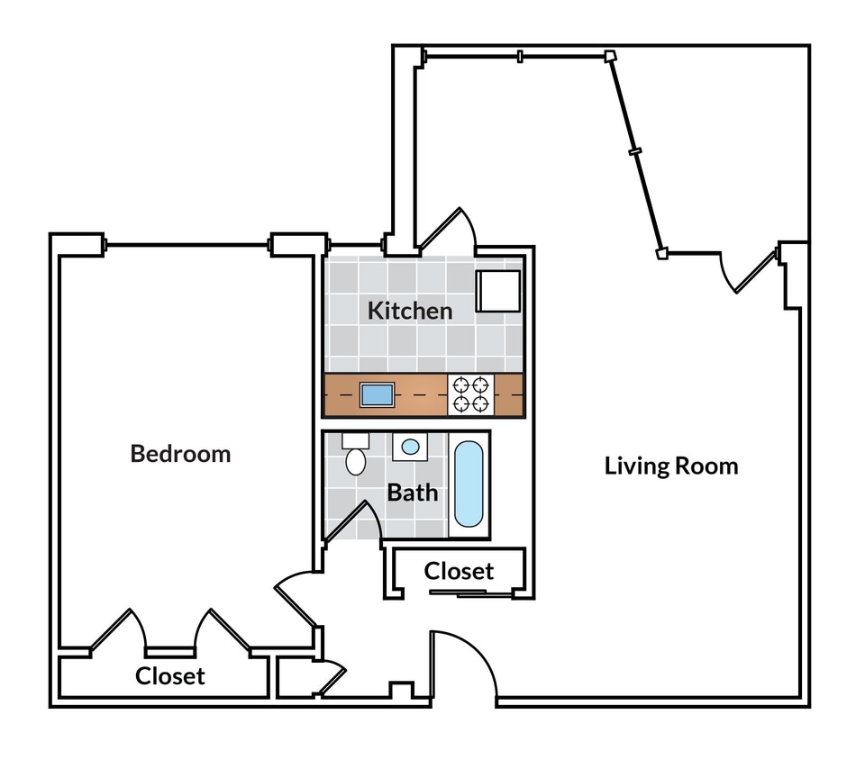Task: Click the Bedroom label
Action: (x=180, y=453)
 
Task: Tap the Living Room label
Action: (x=670, y=466)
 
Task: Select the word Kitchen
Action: (x=409, y=311)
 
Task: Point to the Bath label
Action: (x=413, y=493)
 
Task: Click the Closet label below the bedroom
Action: (x=169, y=675)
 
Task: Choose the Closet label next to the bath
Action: (x=459, y=571)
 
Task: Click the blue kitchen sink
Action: (x=377, y=394)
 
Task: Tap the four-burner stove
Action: (x=470, y=394)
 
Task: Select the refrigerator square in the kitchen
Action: (x=497, y=290)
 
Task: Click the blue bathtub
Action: (x=468, y=484)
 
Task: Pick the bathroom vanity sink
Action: (x=410, y=446)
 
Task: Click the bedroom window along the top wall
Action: (x=187, y=244)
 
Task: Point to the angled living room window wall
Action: (x=636, y=153)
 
